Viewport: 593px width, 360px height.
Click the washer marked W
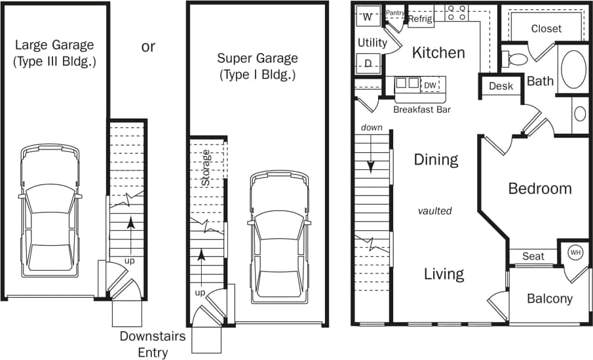tap(367, 17)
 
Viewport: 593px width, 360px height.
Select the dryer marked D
tap(368, 64)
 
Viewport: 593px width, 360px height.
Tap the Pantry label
tap(395, 12)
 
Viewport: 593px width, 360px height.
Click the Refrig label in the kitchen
tap(420, 19)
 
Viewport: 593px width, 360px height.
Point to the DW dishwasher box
tap(430, 85)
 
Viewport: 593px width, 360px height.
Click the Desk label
tap(501, 86)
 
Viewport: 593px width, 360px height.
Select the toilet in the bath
tap(516, 59)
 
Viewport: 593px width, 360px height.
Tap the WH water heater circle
tap(575, 252)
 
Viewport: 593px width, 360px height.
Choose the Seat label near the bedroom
tap(533, 256)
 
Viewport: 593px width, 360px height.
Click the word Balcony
tap(550, 299)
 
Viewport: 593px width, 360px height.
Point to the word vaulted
tap(435, 210)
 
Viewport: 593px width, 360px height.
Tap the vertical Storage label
tap(206, 168)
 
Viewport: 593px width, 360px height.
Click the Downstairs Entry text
tap(152, 344)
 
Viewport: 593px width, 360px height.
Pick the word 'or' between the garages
tap(148, 47)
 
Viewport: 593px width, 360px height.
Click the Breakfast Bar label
tap(422, 110)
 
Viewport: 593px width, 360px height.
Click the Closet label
tap(546, 28)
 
